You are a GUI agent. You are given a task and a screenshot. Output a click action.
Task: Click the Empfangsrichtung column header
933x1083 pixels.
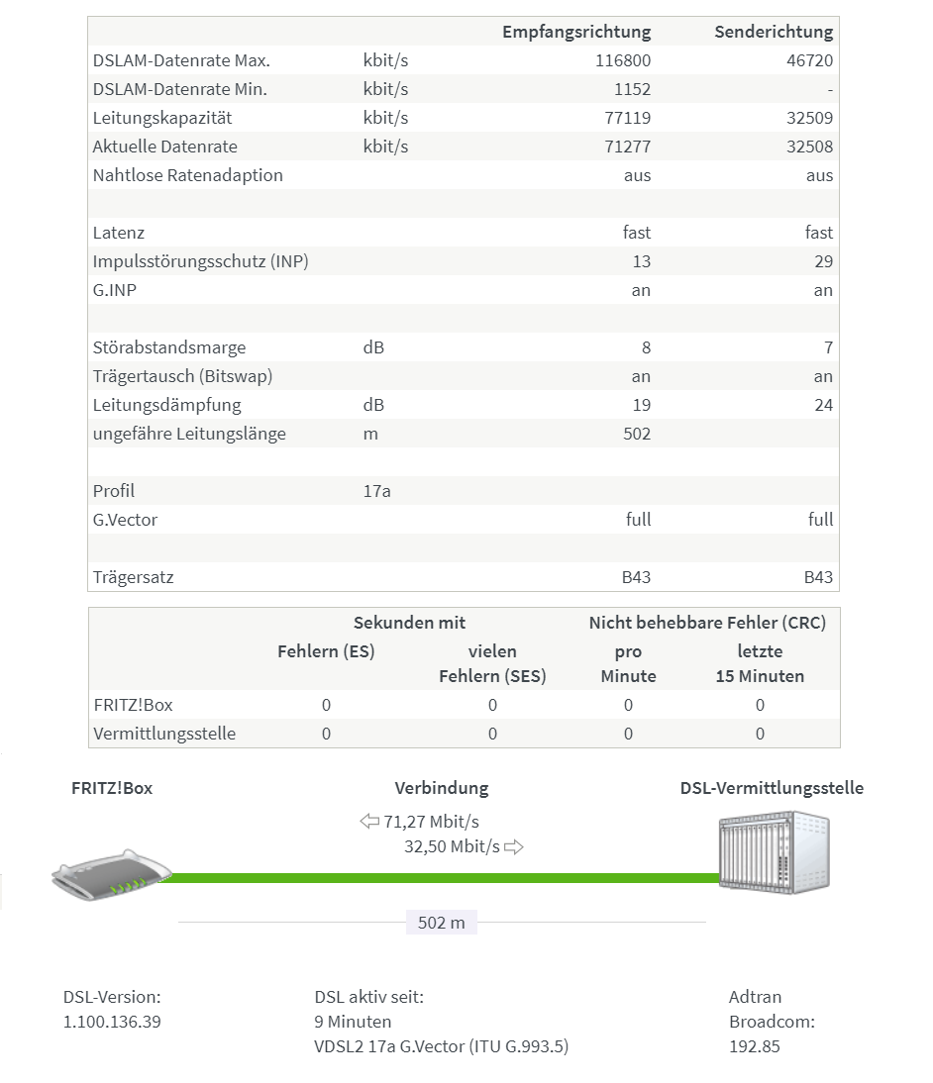(575, 32)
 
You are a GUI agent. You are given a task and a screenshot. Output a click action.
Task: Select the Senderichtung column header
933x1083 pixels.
(773, 32)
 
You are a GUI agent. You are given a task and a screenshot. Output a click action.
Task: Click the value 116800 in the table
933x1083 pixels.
(623, 60)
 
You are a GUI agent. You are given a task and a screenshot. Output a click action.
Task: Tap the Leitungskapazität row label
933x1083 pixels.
(162, 118)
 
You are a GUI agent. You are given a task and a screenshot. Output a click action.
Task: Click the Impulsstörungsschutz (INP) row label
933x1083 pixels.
(200, 261)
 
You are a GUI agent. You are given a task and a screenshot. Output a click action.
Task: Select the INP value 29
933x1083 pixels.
(823, 261)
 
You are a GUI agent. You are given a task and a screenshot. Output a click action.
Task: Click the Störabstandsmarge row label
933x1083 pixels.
(169, 347)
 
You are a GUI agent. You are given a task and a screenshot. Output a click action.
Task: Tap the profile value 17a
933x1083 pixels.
(376, 491)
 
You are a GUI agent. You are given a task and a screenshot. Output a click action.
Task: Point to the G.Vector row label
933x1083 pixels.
(125, 520)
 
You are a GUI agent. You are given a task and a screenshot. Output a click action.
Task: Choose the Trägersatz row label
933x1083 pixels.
(133, 577)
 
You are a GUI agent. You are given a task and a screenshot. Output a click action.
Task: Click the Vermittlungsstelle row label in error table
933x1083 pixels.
(164, 734)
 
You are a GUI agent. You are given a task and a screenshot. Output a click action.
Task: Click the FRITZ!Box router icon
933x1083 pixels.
(112, 875)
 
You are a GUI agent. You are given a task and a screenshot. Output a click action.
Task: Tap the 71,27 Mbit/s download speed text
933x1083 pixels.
(431, 822)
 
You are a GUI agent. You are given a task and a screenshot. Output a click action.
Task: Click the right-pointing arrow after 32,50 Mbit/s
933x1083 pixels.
(514, 847)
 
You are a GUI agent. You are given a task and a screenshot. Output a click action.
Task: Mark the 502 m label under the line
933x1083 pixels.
(441, 923)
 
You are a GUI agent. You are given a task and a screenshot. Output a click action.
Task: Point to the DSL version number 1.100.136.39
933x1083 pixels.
(112, 1021)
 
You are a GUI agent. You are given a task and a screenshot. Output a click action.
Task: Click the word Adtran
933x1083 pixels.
(755, 997)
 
